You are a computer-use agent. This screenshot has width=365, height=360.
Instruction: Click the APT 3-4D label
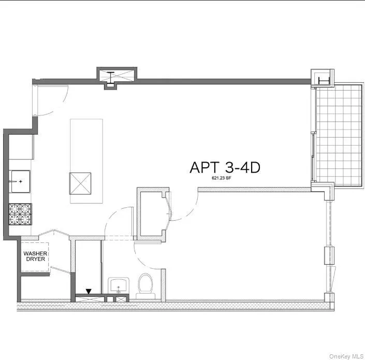(225, 167)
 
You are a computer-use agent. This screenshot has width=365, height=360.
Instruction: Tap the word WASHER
(35, 253)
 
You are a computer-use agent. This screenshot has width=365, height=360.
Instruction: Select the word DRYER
(35, 259)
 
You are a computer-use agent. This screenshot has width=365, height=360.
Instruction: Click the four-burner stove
(20, 214)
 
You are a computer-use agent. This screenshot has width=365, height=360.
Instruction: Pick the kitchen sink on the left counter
(20, 181)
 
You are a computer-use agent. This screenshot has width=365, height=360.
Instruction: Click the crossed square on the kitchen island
(80, 183)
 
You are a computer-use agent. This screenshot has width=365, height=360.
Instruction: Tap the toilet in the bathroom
(145, 286)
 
